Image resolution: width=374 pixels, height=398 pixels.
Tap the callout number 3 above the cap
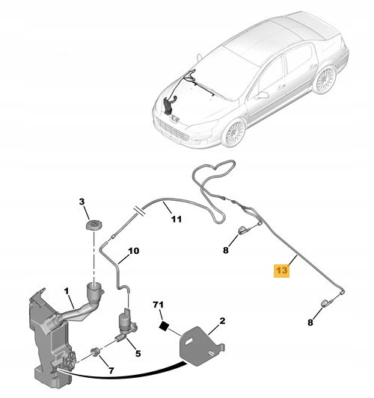click(82, 202)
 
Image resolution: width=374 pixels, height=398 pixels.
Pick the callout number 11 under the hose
click(176, 220)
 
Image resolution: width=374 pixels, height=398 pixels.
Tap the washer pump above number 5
click(124, 322)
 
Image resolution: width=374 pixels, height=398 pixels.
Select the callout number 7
click(111, 370)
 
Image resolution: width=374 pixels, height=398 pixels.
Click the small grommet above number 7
click(96, 352)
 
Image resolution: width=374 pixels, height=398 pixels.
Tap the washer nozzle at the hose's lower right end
click(326, 302)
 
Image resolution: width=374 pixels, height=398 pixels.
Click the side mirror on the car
click(261, 96)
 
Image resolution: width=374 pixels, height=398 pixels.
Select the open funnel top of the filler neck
click(95, 286)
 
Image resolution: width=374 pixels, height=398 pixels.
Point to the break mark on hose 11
click(135, 211)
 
